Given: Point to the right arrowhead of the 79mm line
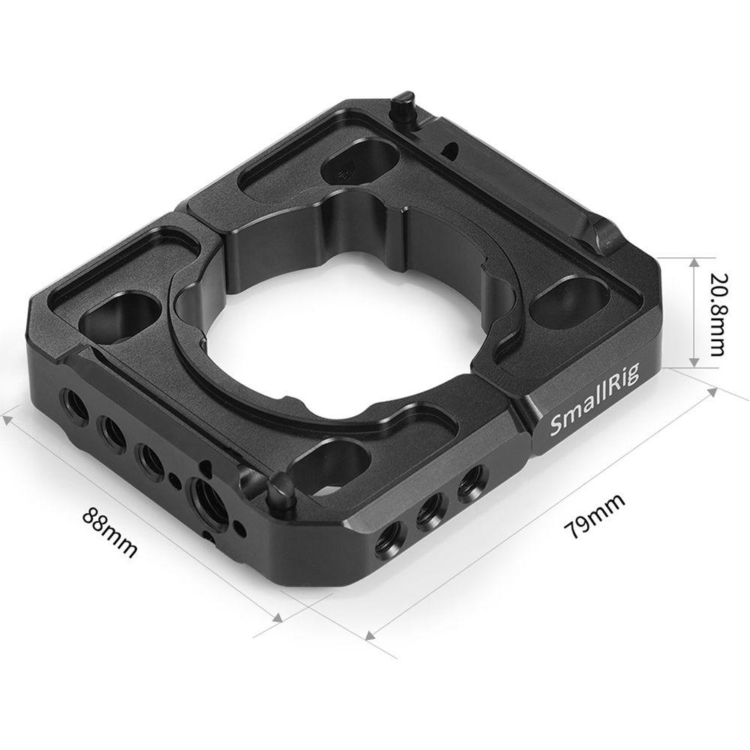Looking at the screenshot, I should (x=712, y=385).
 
